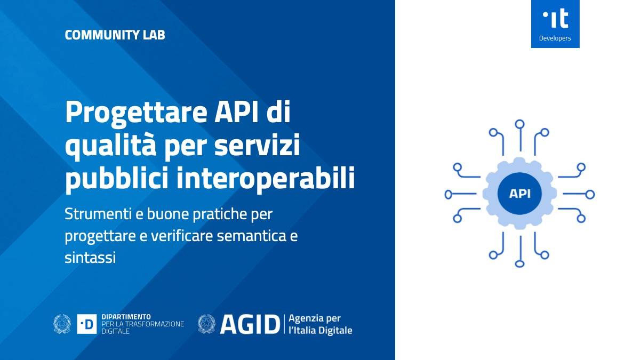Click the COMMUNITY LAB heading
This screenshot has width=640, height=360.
coord(115,35)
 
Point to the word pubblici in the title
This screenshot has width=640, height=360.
coord(117,177)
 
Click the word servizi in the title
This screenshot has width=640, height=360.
coord(257,145)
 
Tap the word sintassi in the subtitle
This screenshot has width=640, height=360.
coord(90,258)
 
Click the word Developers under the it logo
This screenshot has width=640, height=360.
coord(555,38)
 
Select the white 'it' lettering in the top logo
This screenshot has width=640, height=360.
coord(556,19)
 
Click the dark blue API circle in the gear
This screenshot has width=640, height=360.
coord(519,194)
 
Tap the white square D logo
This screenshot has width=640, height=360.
coord(87,324)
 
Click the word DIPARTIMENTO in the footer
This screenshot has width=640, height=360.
coord(126,317)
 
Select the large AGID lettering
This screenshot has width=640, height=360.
coord(250,324)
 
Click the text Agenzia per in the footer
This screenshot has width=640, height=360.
coord(315,318)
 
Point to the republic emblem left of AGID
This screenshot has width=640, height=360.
coord(206,324)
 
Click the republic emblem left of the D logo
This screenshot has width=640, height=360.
coord(62,324)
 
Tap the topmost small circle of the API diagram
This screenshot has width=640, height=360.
coord(519,124)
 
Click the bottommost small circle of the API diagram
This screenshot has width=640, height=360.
coord(519,263)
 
